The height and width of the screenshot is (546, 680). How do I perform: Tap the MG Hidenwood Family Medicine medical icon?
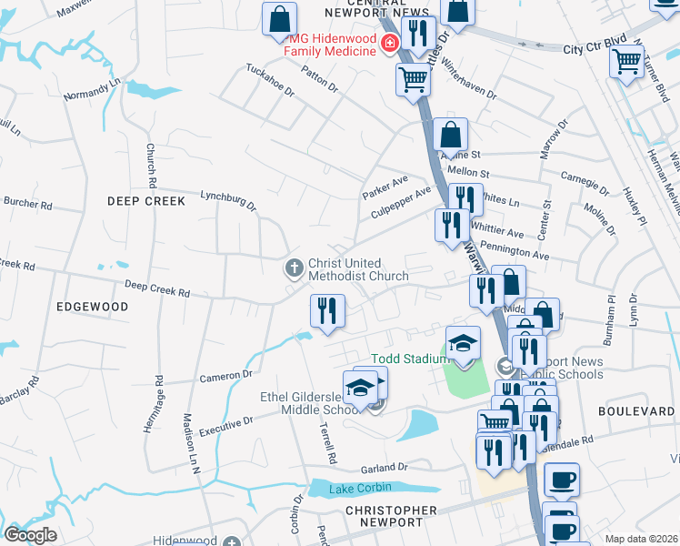tap(390, 43)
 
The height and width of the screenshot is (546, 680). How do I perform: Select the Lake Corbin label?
tap(360, 489)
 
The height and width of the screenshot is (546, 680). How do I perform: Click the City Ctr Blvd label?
tap(595, 49)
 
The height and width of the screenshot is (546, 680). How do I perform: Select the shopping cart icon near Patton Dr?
tap(413, 79)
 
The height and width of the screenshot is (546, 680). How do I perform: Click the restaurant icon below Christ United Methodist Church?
tap(327, 310)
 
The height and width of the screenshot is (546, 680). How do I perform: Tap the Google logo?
tap(31, 534)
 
